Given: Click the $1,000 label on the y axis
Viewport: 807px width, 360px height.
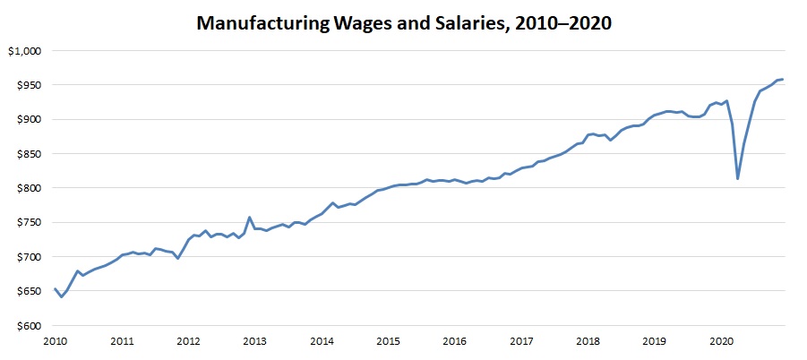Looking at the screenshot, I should (x=24, y=51).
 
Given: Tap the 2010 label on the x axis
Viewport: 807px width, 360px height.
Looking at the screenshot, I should (x=56, y=341).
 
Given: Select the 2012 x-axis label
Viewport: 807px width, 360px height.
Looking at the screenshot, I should (x=188, y=341).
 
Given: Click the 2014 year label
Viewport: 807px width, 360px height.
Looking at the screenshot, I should (x=322, y=341).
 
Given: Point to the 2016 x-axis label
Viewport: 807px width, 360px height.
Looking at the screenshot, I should (x=455, y=341).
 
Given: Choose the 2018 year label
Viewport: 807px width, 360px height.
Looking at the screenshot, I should (x=588, y=341).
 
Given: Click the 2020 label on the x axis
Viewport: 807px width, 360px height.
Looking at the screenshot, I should (x=722, y=341).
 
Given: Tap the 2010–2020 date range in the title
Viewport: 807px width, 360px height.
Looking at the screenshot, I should (x=562, y=24).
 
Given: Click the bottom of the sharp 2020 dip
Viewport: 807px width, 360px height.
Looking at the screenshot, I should (x=737, y=178).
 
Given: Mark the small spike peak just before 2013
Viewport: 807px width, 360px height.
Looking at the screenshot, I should (x=249, y=218).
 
